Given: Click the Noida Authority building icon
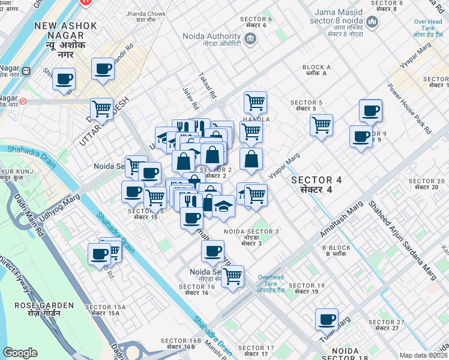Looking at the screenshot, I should tap(250, 40).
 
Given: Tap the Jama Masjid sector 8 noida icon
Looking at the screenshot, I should tap(372, 23).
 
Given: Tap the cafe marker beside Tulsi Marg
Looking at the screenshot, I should tap(327, 319).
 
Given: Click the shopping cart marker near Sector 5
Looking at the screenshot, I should tap(322, 125).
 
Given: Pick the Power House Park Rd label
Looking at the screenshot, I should tap(409, 107).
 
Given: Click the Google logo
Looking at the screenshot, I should tap(20, 353).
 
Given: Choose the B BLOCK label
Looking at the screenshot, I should tap(336, 251).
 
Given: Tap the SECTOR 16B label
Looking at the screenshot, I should tap(181, 343).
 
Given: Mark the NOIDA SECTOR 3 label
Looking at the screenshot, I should tap(252, 234).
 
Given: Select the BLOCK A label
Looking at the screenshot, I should tap(316, 70).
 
